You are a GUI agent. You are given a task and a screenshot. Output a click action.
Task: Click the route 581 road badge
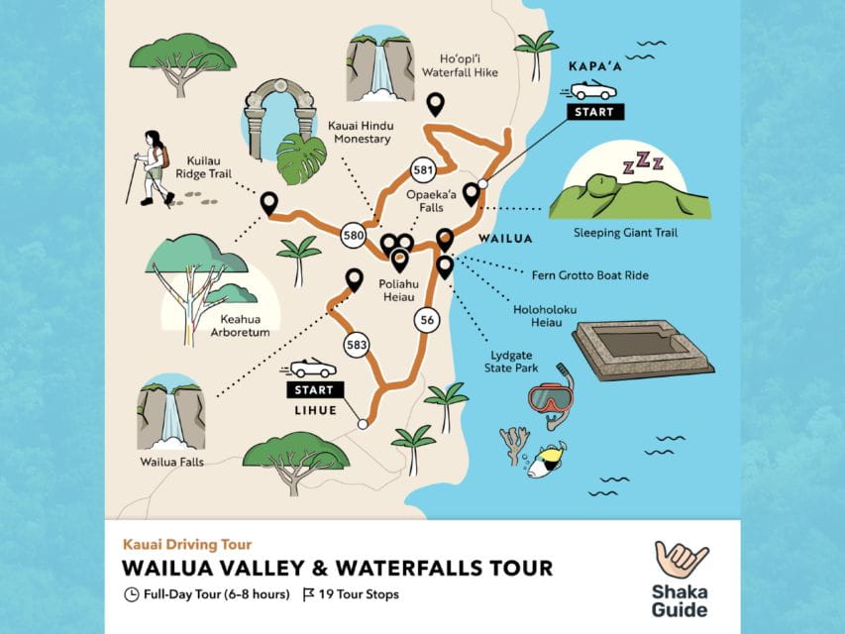pyautogui.click(x=424, y=170)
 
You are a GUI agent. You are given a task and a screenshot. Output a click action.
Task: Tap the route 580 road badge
pyautogui.click(x=354, y=236)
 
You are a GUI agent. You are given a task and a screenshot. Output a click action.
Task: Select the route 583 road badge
pyautogui.click(x=357, y=345)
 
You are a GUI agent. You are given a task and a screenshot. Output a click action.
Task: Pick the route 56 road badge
pyautogui.click(x=427, y=319)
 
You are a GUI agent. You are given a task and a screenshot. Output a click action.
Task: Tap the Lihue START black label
pyautogui.click(x=314, y=390)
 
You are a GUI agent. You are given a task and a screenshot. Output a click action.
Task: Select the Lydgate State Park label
pyautogui.click(x=514, y=361)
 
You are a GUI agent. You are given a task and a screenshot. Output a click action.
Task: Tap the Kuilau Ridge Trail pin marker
pyautogui.click(x=268, y=203)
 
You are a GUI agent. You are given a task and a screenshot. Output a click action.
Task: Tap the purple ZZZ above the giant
pyautogui.click(x=635, y=162)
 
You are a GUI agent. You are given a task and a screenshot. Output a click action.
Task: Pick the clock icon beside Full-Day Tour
pyautogui.click(x=131, y=595)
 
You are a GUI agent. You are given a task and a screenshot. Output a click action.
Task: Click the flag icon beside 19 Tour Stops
pyautogui.click(x=308, y=595)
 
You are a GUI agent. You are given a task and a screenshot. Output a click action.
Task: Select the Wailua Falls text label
pyautogui.click(x=170, y=461)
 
